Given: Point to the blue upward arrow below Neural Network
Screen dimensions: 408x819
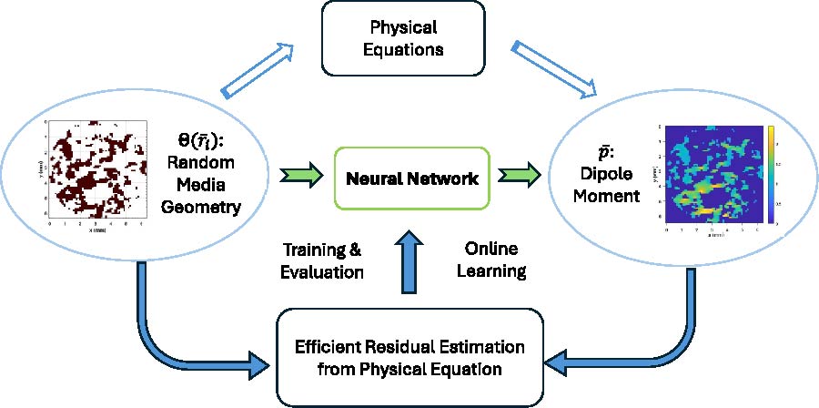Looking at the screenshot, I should pyautogui.click(x=407, y=264).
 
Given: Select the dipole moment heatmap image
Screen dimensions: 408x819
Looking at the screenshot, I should pyautogui.click(x=713, y=176).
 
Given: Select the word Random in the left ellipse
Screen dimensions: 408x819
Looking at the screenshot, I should pyautogui.click(x=208, y=162).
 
